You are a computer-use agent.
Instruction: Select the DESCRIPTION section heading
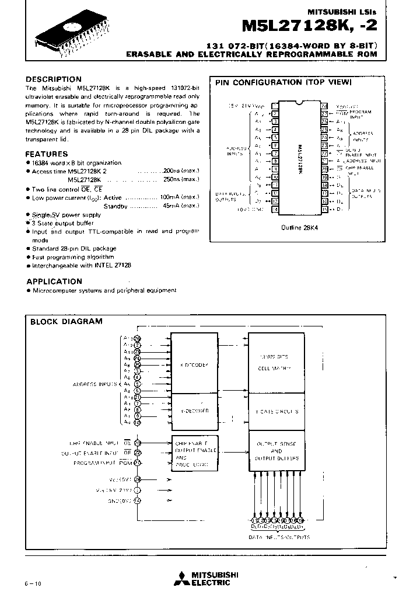coord(54,79)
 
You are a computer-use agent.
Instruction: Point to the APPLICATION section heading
coord(54,281)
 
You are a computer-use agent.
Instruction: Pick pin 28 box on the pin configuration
coord(324,105)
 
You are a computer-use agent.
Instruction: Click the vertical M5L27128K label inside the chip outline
coord(299,157)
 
